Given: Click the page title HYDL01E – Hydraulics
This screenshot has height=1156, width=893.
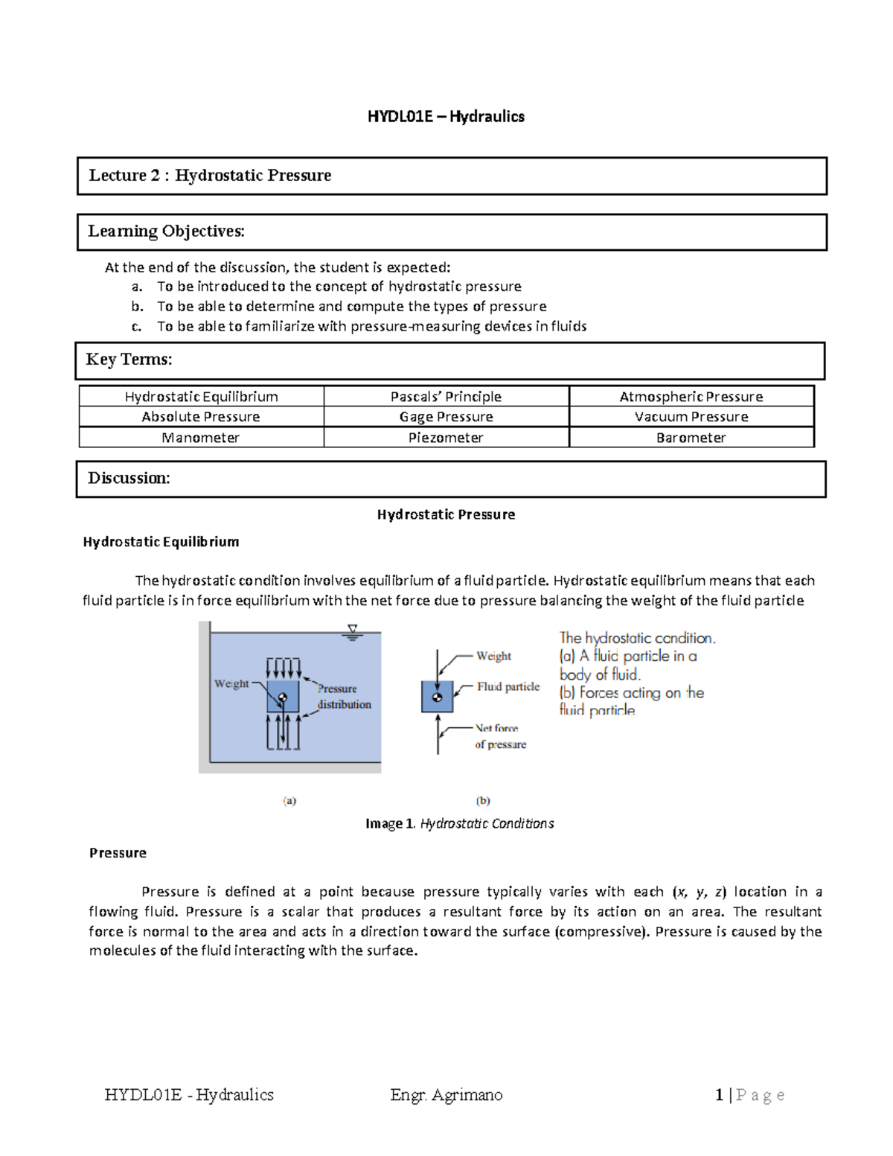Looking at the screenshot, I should pyautogui.click(x=446, y=116).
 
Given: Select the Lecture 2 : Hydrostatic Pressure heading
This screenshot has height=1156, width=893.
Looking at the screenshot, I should pyautogui.click(x=210, y=176).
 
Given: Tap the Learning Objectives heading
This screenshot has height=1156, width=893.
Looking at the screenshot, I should pyautogui.click(x=166, y=231).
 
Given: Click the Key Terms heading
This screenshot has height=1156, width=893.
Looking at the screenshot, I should pyautogui.click(x=129, y=360).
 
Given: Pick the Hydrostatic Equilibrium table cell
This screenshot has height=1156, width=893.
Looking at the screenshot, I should pyautogui.click(x=201, y=397).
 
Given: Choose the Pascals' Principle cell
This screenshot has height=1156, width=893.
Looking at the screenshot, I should pyautogui.click(x=446, y=397).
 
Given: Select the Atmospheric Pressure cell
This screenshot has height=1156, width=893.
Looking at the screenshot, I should pyautogui.click(x=691, y=397).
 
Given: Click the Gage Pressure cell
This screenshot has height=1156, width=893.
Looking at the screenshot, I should pyautogui.click(x=446, y=417).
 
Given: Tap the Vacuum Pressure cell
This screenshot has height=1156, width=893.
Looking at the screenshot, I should pyautogui.click(x=691, y=417).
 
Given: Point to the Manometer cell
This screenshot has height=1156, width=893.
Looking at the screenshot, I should pyautogui.click(x=201, y=438).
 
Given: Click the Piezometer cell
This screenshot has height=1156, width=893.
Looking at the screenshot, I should pyautogui.click(x=446, y=438).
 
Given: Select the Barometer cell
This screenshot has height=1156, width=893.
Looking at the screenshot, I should pyautogui.click(x=691, y=438).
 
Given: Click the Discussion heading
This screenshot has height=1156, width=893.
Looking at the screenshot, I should pyautogui.click(x=129, y=478).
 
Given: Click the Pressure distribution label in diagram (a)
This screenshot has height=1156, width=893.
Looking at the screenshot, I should pyautogui.click(x=343, y=697).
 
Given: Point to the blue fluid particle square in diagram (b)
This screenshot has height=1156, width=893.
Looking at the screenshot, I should pyautogui.click(x=437, y=697).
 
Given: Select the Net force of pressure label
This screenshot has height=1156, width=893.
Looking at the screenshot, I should pyautogui.click(x=500, y=736).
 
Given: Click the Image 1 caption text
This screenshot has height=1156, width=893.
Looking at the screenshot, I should pyautogui.click(x=459, y=823).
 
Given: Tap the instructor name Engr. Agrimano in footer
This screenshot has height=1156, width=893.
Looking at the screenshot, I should pyautogui.click(x=446, y=1095).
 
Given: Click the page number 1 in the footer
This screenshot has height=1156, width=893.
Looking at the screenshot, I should pyautogui.click(x=719, y=1095).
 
